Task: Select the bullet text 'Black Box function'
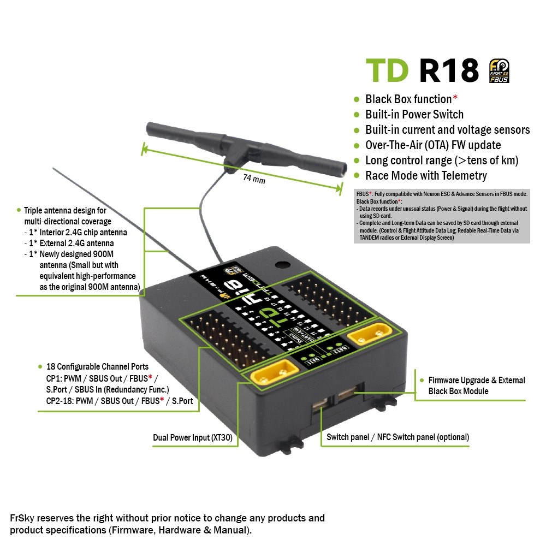click(408, 99)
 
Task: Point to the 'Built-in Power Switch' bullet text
click(414, 115)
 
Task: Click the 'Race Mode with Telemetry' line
click(426, 176)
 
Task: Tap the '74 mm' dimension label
click(254, 178)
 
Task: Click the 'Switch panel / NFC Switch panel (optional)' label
click(397, 437)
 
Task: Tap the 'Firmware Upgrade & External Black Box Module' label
click(477, 385)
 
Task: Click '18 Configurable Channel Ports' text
click(97, 367)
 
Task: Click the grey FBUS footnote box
click(442, 216)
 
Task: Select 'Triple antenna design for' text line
click(65, 210)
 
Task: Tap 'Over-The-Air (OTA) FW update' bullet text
click(433, 145)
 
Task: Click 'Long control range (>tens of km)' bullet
click(442, 161)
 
